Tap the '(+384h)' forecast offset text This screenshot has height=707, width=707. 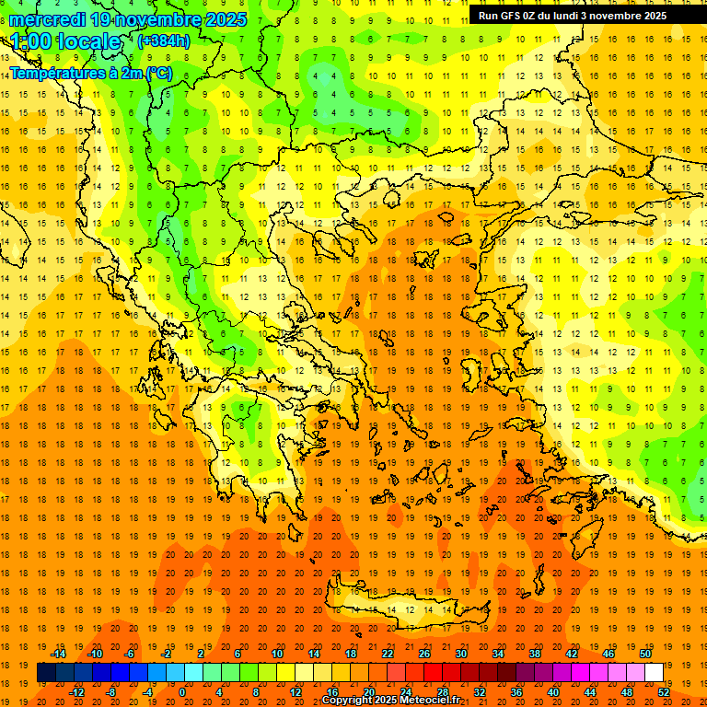point(163,41)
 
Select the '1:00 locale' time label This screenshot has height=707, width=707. point(65,42)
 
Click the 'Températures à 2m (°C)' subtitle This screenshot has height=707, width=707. point(90,73)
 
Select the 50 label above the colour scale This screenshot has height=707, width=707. point(644,653)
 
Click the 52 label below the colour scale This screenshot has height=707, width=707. point(664,691)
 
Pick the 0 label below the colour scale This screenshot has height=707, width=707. point(181,691)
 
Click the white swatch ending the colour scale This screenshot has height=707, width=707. point(654,672)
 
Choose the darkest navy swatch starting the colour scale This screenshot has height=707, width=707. point(46,672)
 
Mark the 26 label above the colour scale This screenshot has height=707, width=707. point(423,653)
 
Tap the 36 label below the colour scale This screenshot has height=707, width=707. point(516,691)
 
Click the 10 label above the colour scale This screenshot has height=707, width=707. point(276,653)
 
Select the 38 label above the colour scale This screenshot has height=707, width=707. point(534,653)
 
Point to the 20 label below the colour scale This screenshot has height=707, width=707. point(369,691)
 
